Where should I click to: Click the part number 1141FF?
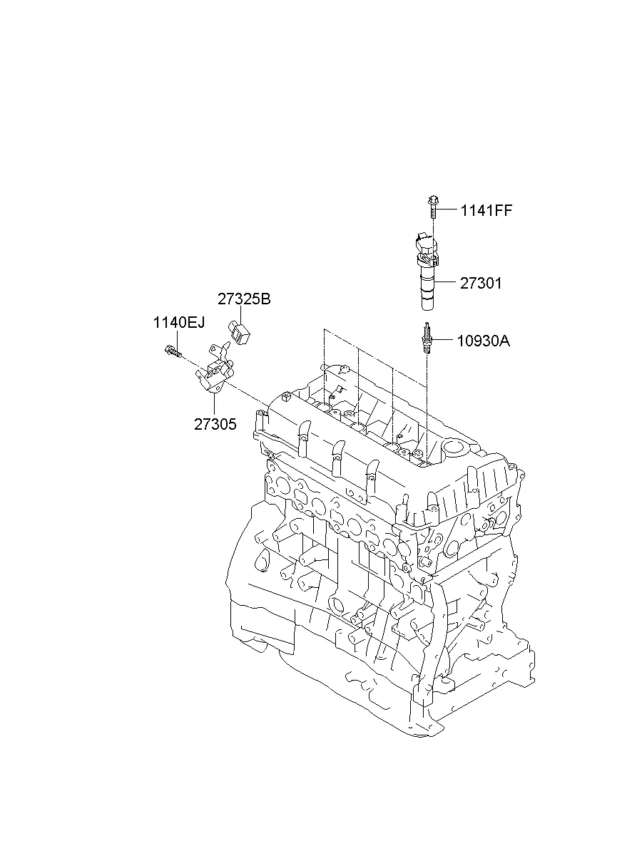tap(486, 210)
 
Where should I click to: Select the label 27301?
tap(481, 283)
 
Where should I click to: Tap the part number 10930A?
tap(484, 341)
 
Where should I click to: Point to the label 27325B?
tap(244, 299)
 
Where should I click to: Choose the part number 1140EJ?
tap(178, 323)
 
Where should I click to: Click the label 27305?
tap(215, 424)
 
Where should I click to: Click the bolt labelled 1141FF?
tap(433, 207)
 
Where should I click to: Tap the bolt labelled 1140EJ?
tap(172, 351)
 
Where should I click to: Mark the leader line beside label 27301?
tap(446, 283)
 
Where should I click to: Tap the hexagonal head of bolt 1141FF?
tap(432, 197)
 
